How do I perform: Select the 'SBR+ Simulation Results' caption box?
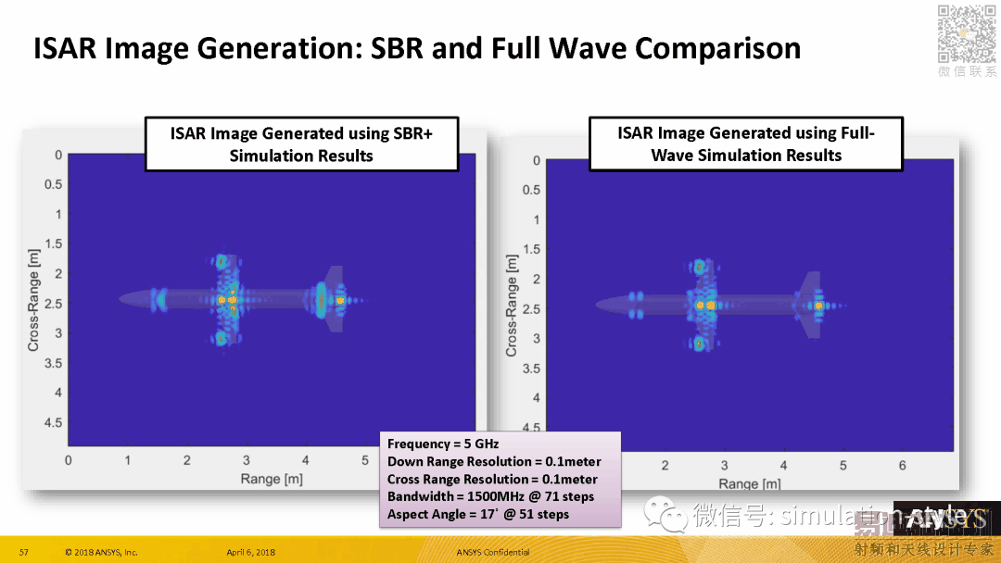click(301, 144)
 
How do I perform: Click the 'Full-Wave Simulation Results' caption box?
click(746, 144)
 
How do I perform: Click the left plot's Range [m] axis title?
click(272, 479)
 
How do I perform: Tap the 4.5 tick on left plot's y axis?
click(54, 422)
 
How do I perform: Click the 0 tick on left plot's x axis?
click(68, 460)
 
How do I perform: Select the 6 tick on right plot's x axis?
click(903, 466)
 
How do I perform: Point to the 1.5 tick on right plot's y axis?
click(531, 249)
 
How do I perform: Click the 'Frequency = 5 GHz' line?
click(442, 444)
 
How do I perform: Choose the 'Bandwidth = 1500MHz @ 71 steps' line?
click(490, 496)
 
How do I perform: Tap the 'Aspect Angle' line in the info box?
click(477, 514)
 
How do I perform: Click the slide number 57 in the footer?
click(24, 553)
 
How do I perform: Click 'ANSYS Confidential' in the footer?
click(492, 553)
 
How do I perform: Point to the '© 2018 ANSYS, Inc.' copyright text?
click(101, 553)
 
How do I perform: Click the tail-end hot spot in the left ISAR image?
click(340, 300)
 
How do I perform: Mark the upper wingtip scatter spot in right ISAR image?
click(699, 268)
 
